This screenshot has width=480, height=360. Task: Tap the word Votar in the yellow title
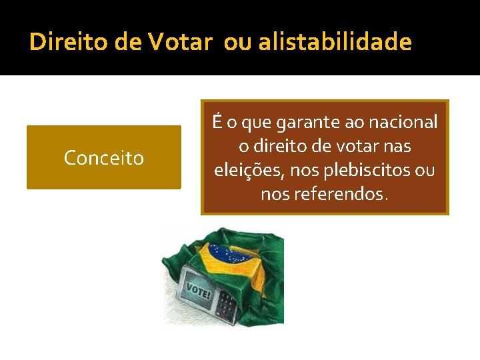point(180,43)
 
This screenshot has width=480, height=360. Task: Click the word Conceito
point(103,158)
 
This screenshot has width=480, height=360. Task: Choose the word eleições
point(247,170)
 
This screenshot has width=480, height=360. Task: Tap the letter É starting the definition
point(216,123)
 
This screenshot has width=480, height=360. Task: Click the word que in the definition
point(253,123)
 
